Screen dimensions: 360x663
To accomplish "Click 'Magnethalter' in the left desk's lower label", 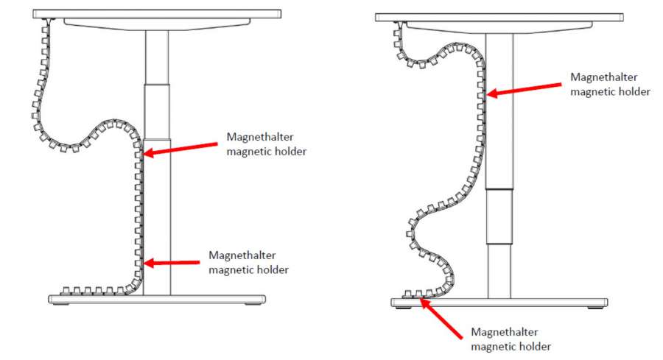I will [242, 255].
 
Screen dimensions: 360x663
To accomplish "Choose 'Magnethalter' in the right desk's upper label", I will [603, 77].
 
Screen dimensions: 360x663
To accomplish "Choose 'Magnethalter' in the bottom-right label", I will [504, 332].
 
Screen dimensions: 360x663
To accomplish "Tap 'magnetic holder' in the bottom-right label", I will [511, 346].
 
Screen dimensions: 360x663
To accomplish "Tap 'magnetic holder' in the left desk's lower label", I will [248, 269].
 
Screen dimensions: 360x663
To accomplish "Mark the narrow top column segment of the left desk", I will [156, 55].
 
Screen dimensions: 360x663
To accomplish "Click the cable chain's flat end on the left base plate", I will [70, 289].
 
